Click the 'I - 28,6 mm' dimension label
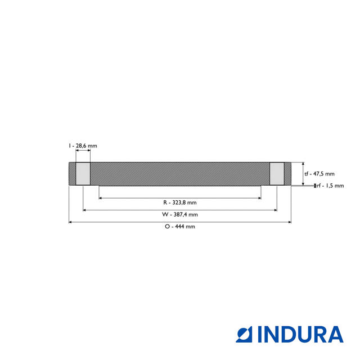[x=83, y=146]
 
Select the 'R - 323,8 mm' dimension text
[x=179, y=202]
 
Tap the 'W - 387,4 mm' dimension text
[x=179, y=214]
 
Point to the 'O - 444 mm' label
[x=179, y=226]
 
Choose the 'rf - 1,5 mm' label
[x=330, y=186]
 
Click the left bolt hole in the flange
[x=83, y=174]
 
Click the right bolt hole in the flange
[x=277, y=174]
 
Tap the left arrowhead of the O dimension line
[x=70, y=222]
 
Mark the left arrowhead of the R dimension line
[x=101, y=198]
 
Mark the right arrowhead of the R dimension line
[x=259, y=198]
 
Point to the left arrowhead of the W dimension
[x=84, y=210]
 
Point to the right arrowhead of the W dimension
[x=275, y=210]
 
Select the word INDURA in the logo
[x=300, y=334]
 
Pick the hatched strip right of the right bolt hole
[x=287, y=174]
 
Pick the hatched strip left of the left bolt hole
[x=72, y=174]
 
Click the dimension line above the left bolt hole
[x=83, y=152]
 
